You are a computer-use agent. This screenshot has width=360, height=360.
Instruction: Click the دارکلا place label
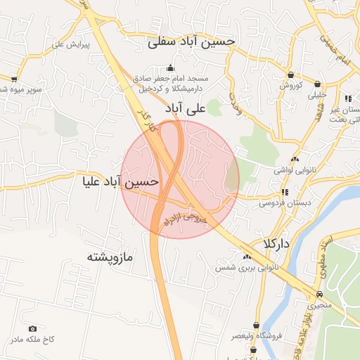(x=274, y=244)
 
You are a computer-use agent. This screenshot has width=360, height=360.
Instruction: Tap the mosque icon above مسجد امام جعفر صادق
(x=169, y=68)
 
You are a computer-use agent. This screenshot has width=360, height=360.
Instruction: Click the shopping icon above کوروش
(x=290, y=74)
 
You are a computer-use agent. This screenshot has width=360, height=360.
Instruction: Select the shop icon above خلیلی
(x=318, y=83)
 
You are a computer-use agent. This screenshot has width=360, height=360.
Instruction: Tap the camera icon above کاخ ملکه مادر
(x=32, y=328)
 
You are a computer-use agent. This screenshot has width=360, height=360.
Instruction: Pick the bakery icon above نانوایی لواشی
(x=294, y=159)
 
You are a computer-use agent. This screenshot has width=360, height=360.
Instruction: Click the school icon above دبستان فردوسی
(x=285, y=191)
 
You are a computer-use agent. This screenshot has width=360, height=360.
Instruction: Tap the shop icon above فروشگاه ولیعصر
(x=257, y=324)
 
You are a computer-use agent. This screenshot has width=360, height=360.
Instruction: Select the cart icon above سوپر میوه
(x=14, y=79)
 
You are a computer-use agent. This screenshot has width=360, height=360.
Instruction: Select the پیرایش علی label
(x=68, y=44)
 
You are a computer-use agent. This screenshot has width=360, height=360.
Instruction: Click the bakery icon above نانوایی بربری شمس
(x=247, y=257)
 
